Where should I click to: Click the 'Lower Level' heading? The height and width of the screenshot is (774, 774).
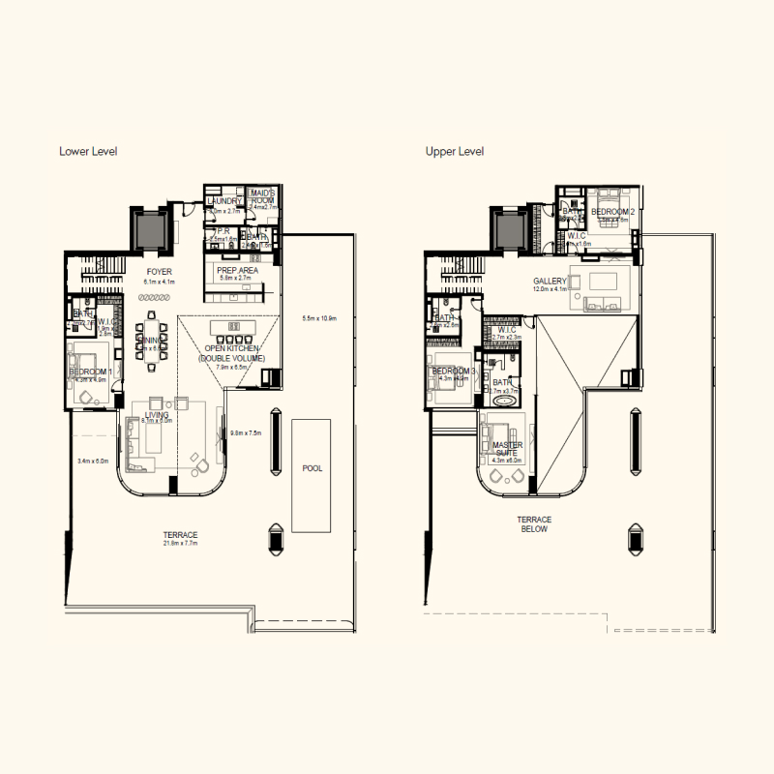click(88, 152)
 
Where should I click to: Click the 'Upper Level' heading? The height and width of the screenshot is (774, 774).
click(455, 152)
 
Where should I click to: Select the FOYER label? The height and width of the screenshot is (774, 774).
click(160, 273)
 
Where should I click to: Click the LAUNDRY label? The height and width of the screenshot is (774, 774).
click(223, 201)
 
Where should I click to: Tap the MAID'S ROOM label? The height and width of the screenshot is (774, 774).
click(263, 197)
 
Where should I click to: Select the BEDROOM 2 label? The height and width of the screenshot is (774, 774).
click(612, 211)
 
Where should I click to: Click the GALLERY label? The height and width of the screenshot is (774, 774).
click(550, 281)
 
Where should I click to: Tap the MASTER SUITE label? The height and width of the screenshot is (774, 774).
click(507, 450)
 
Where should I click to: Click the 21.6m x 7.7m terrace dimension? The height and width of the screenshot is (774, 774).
click(181, 545)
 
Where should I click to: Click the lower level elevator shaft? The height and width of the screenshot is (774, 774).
click(150, 231)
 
